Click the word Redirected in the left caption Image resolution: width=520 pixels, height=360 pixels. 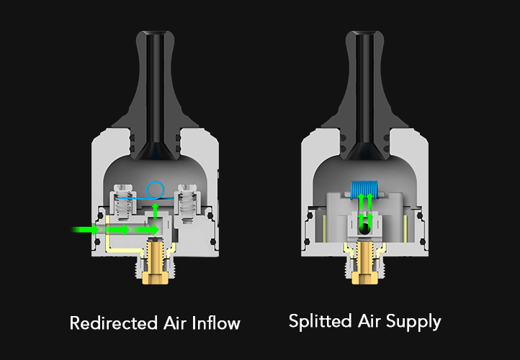(x=113, y=323)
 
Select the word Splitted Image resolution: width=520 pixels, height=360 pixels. (x=320, y=321)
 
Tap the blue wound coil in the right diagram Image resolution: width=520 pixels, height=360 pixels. (x=364, y=190)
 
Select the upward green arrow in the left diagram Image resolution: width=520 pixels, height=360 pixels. (x=155, y=212)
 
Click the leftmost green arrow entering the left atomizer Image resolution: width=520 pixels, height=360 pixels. (x=86, y=230)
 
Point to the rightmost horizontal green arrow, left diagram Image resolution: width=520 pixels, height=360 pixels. (x=146, y=230)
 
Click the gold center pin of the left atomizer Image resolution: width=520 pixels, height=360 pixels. (x=155, y=263)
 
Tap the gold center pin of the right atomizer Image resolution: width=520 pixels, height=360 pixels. (x=365, y=263)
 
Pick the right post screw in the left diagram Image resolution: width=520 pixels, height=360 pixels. (x=188, y=203)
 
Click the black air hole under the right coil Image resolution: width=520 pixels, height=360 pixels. (x=365, y=228)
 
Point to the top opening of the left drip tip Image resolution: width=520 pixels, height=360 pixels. (x=155, y=33)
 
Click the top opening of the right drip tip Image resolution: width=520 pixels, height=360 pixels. (x=365, y=33)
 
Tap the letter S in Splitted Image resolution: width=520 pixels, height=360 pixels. (x=294, y=321)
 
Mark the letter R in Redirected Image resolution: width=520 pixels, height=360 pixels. (x=75, y=323)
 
